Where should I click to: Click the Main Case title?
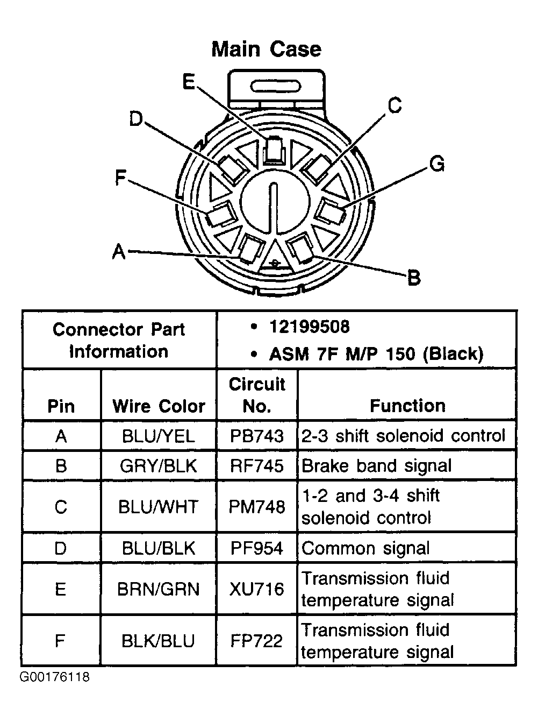point(266,49)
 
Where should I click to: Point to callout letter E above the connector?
point(189,82)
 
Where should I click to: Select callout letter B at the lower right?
point(413,278)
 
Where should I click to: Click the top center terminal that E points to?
point(275,149)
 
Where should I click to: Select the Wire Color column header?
point(159,406)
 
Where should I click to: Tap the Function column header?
point(407,406)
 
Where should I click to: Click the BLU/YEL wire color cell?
point(159,435)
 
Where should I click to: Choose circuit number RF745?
point(257,466)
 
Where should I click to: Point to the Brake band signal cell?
point(376,466)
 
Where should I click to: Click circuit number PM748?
point(257,507)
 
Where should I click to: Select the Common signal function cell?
point(365,548)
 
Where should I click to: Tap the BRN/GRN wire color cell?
point(159,589)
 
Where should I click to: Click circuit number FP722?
point(257,641)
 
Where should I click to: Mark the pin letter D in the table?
point(61,548)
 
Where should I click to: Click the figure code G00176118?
point(54,677)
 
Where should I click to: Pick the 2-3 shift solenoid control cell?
point(403,435)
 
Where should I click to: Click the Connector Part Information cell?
point(119,340)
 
